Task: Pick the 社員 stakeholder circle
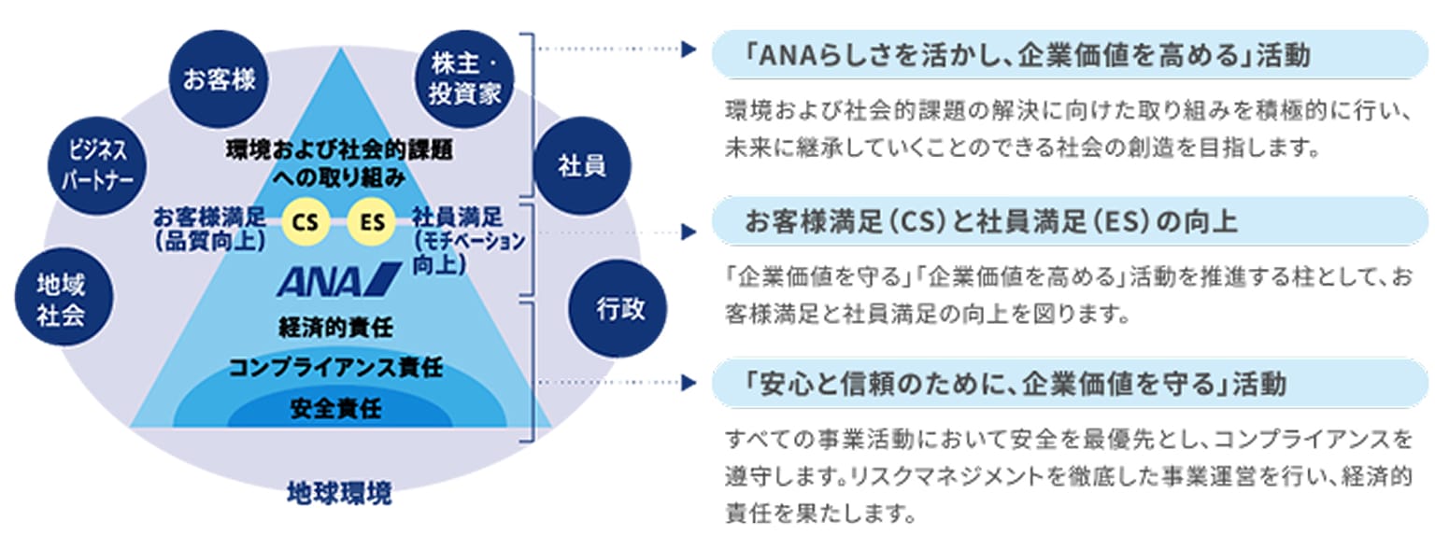point(582,166)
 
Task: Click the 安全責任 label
point(336,407)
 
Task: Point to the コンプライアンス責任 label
point(336,367)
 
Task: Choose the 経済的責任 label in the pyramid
point(336,328)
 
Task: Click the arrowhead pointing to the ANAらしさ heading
point(690,50)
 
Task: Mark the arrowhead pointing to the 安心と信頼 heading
point(690,383)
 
